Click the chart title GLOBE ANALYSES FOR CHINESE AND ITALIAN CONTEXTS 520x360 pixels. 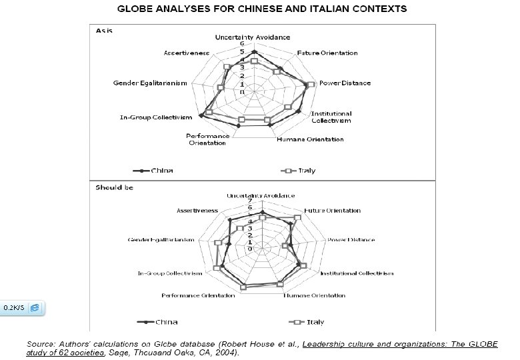(262, 10)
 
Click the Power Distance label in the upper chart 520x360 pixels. (345, 83)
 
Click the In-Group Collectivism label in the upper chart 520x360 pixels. (155, 118)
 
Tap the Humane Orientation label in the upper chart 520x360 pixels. (310, 139)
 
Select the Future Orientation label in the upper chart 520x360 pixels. (327, 53)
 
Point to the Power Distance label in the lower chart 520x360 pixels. (351, 240)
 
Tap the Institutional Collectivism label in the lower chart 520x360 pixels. (357, 273)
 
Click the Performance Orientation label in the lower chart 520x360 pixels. (199, 295)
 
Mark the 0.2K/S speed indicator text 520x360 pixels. (14, 308)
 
